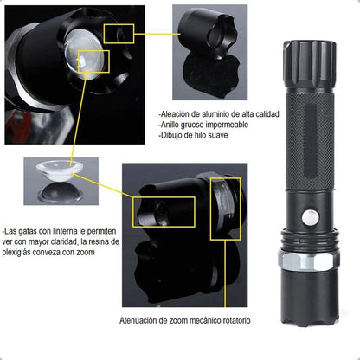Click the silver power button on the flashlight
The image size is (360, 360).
(311, 218)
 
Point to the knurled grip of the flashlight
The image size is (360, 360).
(310, 141)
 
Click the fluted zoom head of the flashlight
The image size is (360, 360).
(310, 65)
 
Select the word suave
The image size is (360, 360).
(218, 135)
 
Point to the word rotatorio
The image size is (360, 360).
(236, 320)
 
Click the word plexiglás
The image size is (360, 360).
(16, 253)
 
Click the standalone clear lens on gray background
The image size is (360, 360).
(60, 170)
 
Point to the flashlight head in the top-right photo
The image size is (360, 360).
(208, 34)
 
